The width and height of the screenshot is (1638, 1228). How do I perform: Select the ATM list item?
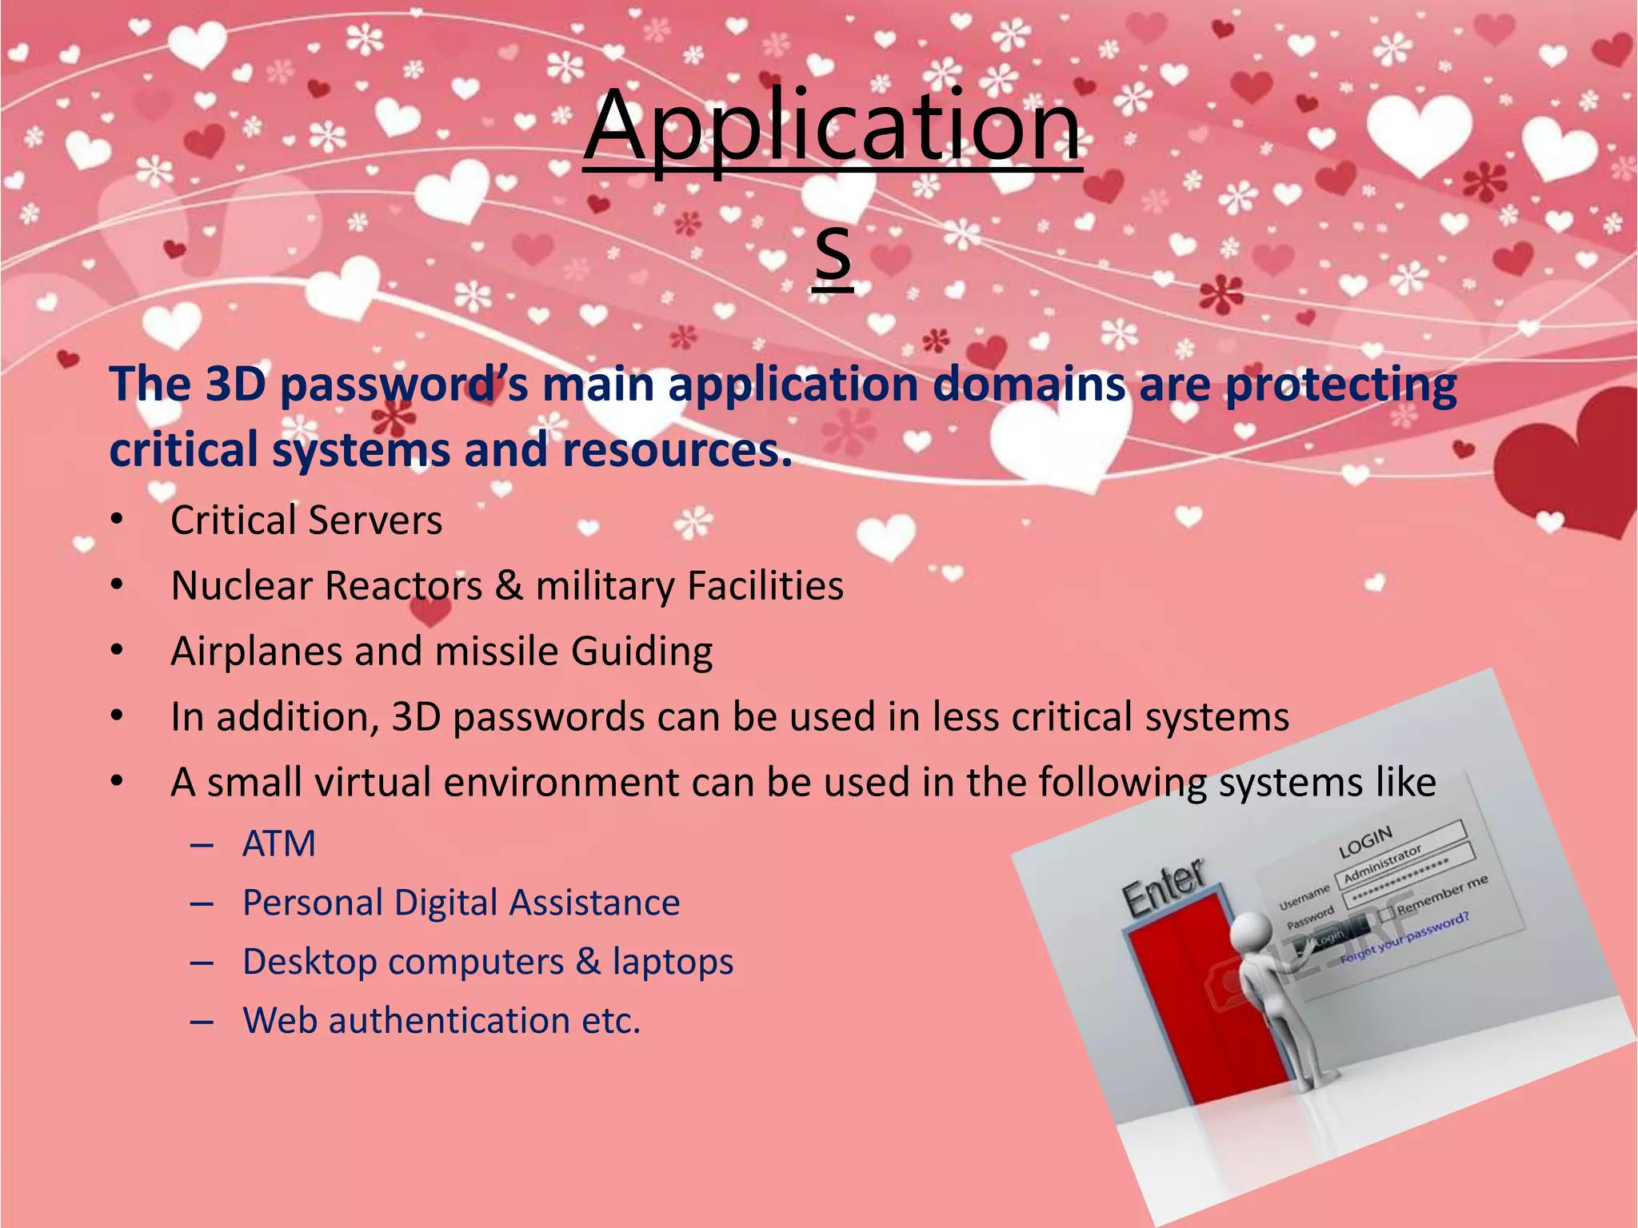point(279,844)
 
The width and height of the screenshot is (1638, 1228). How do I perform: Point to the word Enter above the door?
point(1164,887)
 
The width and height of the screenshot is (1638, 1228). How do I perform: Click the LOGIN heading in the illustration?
point(1366,842)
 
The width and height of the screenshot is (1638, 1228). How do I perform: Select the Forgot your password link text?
point(1404,938)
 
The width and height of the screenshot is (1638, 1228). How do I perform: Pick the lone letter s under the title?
point(833,254)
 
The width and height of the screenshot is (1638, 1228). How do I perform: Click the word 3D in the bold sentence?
point(235,384)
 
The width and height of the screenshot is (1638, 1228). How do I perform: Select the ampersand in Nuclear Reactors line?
point(509,586)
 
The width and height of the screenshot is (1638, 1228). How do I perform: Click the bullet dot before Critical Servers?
point(118,520)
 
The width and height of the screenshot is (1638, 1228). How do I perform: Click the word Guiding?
point(641,652)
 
